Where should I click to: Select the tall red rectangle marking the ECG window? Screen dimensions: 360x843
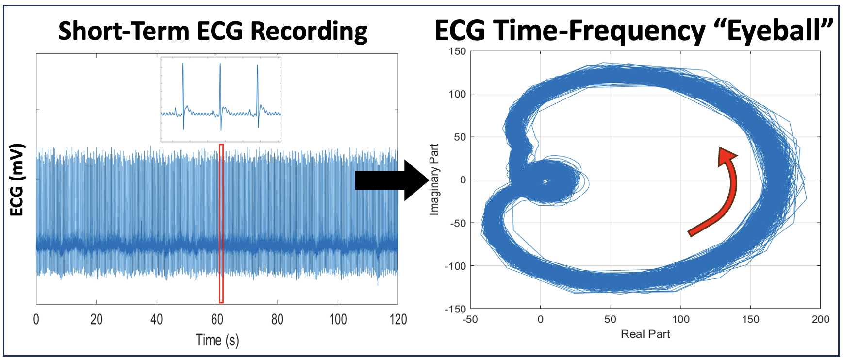pyautogui.click(x=221, y=223)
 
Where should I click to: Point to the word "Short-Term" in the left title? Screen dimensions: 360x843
pyautogui.click(x=124, y=31)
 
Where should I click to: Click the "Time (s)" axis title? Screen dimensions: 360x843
pyautogui.click(x=217, y=340)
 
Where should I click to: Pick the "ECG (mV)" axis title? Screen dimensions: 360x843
pyautogui.click(x=17, y=180)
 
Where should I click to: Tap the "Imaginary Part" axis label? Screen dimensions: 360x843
pyautogui.click(x=434, y=180)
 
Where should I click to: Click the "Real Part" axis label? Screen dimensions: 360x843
pyautogui.click(x=645, y=334)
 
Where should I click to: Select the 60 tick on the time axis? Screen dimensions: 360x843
pyautogui.click(x=217, y=319)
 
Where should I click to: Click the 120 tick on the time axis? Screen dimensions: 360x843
pyautogui.click(x=398, y=319)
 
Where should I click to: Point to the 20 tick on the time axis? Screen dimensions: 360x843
pyautogui.click(x=97, y=319)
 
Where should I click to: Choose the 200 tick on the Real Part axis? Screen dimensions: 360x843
pyautogui.click(x=820, y=319)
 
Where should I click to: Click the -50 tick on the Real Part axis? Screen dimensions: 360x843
pyautogui.click(x=470, y=319)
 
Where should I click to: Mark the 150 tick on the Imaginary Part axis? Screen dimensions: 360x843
pyautogui.click(x=457, y=51)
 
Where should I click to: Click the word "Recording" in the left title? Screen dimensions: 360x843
pyautogui.click(x=309, y=31)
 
